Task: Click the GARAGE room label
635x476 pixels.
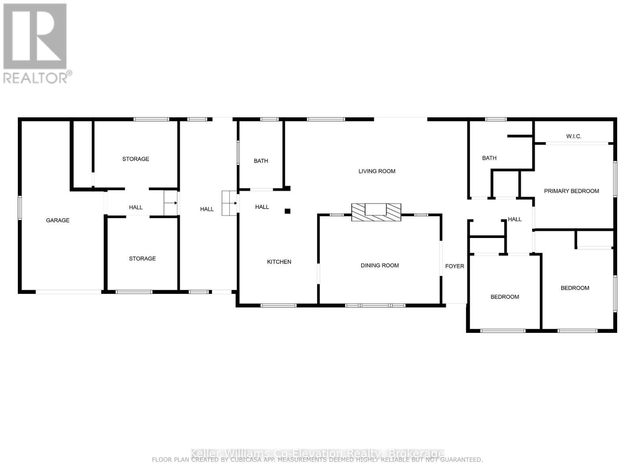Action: point(58,220)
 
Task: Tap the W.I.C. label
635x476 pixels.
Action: point(573,136)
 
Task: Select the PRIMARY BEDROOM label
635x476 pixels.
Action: point(571,191)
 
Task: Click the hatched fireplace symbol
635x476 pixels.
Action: point(376,212)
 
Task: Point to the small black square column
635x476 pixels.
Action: point(287,211)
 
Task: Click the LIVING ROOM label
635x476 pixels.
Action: point(377,171)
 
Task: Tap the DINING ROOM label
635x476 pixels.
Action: point(379,265)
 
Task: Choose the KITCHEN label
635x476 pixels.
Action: point(279,261)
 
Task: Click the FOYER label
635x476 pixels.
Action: point(454,266)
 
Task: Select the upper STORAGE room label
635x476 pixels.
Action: point(135,159)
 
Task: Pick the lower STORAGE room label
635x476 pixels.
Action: point(142,258)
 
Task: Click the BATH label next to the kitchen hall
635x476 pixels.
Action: point(261,161)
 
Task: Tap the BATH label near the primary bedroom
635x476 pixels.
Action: point(489,158)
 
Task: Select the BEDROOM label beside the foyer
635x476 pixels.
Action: point(504,297)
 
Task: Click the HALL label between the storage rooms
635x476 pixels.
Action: point(135,207)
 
